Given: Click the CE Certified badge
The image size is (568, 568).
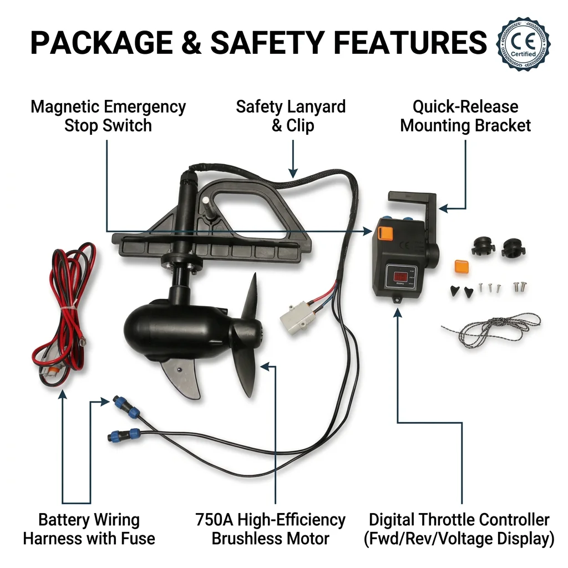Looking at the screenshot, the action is [x=524, y=44].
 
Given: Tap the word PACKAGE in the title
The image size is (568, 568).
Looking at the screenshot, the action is [x=102, y=43].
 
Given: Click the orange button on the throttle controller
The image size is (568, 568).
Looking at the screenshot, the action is [x=385, y=233].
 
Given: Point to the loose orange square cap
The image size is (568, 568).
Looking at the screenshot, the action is [x=461, y=266].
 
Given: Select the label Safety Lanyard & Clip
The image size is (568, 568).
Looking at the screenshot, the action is [x=291, y=116].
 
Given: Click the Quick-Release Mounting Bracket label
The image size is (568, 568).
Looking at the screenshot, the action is [x=465, y=116].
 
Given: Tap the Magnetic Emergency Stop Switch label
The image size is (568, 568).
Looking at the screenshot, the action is [x=108, y=116].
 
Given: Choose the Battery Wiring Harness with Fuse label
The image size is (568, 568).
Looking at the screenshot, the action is [x=89, y=529].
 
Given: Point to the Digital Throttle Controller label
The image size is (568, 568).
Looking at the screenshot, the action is [x=459, y=529].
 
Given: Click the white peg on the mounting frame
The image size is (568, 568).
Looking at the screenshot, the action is [x=206, y=200].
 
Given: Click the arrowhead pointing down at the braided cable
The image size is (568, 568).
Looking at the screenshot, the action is [x=293, y=173].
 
